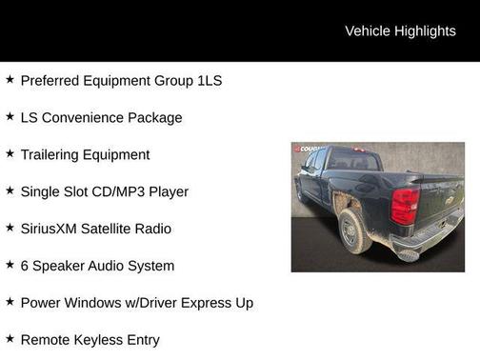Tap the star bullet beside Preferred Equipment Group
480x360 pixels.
point(10,80)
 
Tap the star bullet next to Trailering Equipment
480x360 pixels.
point(10,154)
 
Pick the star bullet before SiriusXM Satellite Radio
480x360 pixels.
point(10,228)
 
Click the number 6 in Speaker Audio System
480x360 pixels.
point(25,266)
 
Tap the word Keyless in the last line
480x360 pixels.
point(104,340)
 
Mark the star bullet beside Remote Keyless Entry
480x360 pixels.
point(10,339)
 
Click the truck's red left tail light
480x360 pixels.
point(405,206)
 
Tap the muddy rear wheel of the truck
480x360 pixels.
point(353,230)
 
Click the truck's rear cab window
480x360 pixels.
point(353,163)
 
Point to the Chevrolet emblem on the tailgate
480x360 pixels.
point(450,199)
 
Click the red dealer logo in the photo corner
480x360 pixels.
point(309,149)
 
